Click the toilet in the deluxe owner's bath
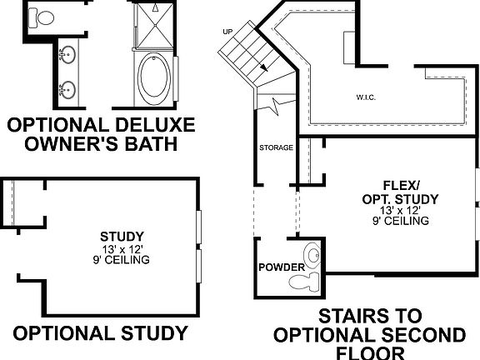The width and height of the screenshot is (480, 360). click(44, 17)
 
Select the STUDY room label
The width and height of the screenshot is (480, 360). click(122, 236)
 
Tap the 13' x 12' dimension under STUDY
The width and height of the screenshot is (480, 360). click(122, 248)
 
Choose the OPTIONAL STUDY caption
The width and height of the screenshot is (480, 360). click(100, 333)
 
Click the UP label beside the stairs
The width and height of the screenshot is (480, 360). click(227, 32)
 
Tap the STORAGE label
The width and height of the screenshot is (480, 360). click(275, 148)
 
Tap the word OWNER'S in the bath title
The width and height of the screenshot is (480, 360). click(72, 143)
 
